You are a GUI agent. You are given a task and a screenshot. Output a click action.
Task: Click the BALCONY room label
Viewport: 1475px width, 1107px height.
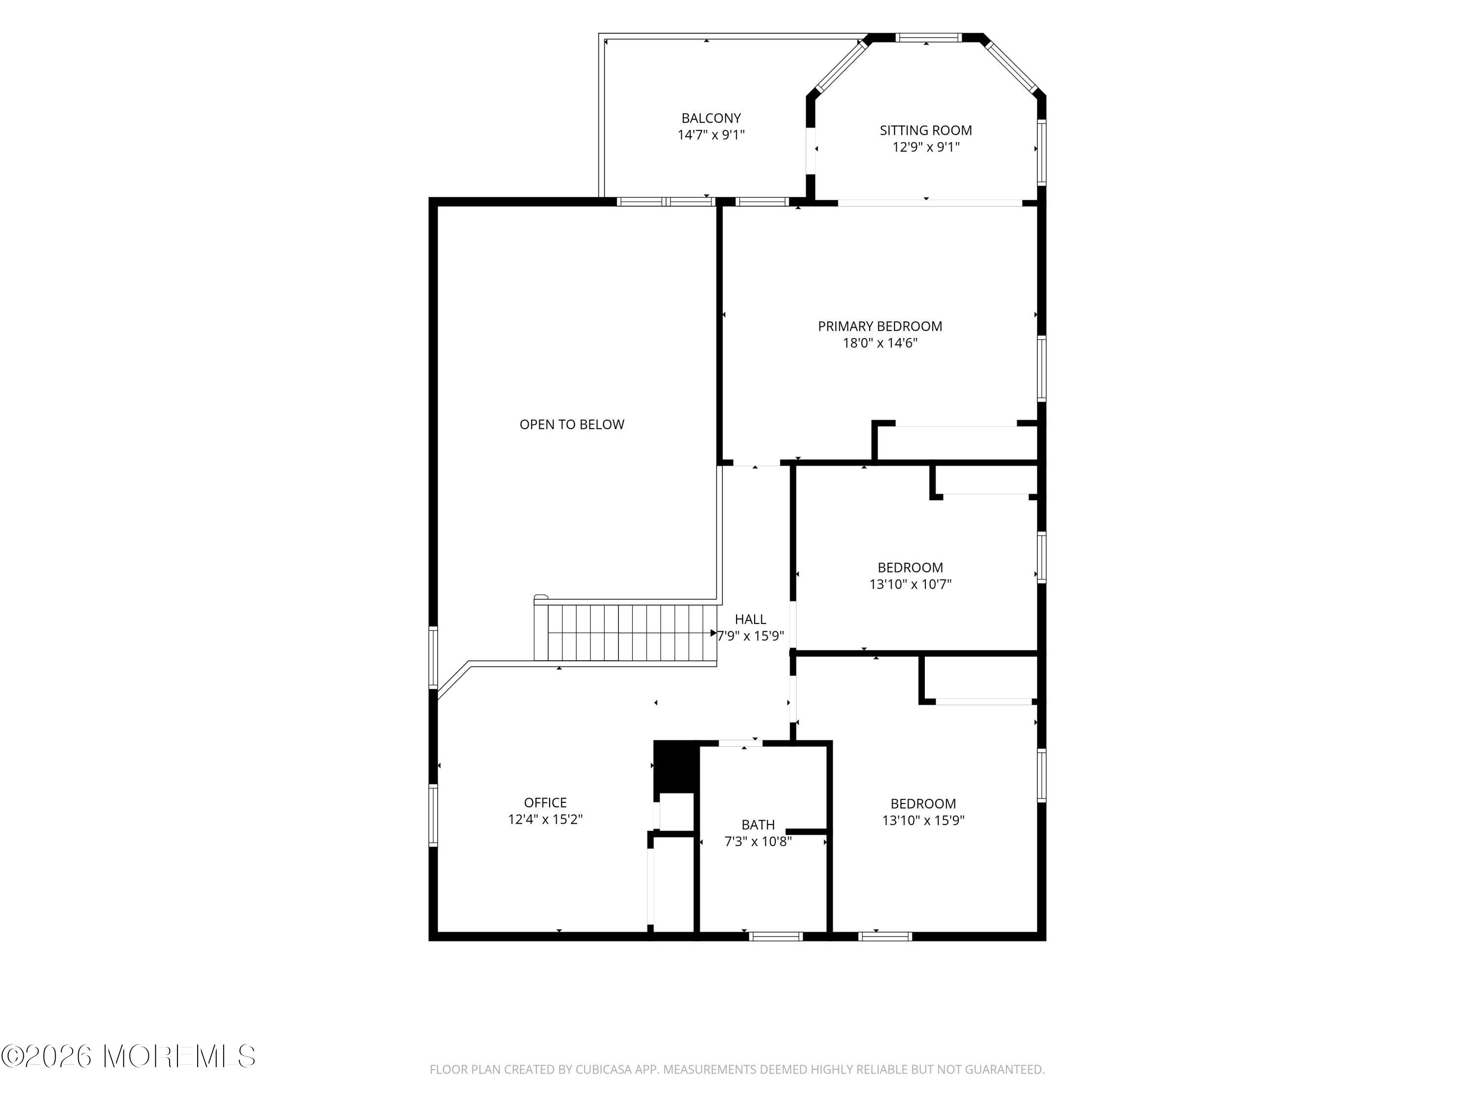pyautogui.click(x=711, y=118)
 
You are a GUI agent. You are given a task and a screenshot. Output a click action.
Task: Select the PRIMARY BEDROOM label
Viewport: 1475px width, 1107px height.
pyautogui.click(x=880, y=326)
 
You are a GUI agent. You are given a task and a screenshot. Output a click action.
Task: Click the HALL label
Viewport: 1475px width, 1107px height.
pyautogui.click(x=750, y=619)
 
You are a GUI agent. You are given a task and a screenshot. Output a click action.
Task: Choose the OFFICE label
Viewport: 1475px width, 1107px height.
pyautogui.click(x=545, y=803)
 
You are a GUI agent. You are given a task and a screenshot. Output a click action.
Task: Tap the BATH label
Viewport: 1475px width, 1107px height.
pyautogui.click(x=758, y=825)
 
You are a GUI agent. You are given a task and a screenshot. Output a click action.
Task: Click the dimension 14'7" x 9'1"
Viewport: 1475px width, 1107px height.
pyautogui.click(x=711, y=135)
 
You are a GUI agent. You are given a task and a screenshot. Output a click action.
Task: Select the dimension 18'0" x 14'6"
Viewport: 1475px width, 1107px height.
pyautogui.click(x=880, y=343)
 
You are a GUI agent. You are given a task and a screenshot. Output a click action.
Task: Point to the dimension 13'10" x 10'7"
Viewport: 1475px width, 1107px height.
pyautogui.click(x=910, y=584)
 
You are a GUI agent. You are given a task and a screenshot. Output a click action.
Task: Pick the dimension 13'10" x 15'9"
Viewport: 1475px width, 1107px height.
pyautogui.click(x=923, y=820)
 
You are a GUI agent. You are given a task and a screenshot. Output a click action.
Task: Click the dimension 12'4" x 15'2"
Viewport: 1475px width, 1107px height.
pyautogui.click(x=545, y=819)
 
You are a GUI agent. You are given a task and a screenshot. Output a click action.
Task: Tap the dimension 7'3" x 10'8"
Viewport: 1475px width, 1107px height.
pyautogui.click(x=758, y=841)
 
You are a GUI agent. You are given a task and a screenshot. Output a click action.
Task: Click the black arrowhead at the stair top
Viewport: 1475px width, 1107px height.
pyautogui.click(x=713, y=633)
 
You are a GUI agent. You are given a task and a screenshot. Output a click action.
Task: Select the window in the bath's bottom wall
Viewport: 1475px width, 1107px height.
pyautogui.click(x=775, y=936)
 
